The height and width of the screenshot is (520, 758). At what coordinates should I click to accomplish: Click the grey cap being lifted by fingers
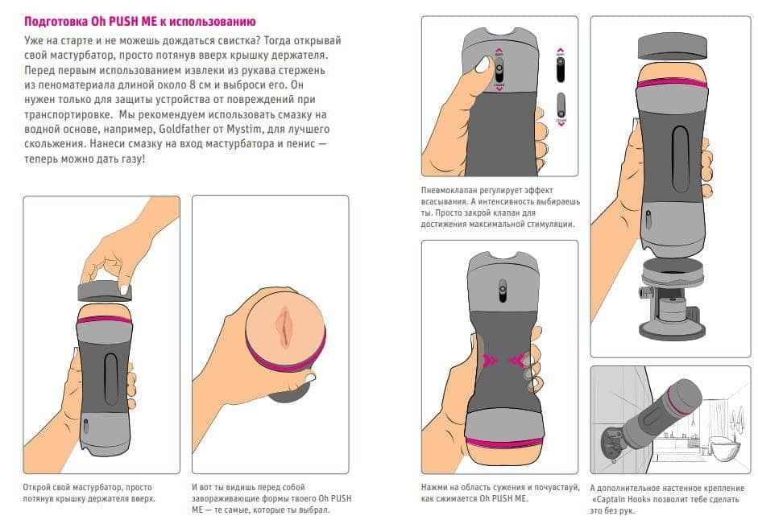pos(105,291)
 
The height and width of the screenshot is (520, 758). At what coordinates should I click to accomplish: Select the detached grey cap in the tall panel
pos(673,47)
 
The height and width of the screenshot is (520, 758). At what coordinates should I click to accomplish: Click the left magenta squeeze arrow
pos(491,360)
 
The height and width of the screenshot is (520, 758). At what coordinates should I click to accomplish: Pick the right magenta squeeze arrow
pos(517,360)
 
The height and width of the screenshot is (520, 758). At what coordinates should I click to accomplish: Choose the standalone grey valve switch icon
pos(561,105)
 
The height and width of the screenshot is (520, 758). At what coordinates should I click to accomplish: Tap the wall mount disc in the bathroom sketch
pos(611,442)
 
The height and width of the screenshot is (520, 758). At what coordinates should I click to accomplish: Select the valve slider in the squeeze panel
pos(503,291)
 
